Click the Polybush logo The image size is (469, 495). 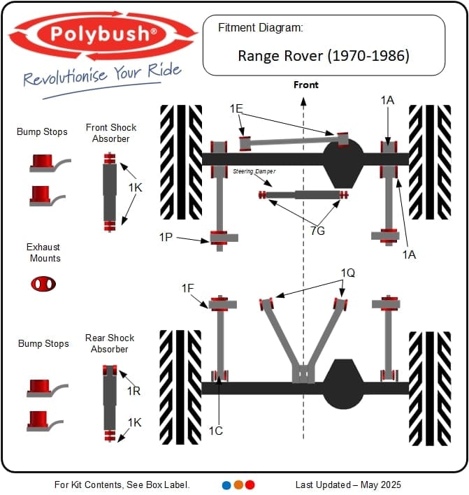(x=103, y=34)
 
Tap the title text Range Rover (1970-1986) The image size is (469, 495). (x=324, y=55)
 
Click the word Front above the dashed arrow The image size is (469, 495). (x=305, y=85)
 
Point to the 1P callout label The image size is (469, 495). (x=166, y=237)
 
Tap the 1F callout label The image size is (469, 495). (x=188, y=288)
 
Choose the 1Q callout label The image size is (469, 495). (x=348, y=273)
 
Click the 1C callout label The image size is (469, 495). (x=215, y=431)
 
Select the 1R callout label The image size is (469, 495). (x=134, y=392)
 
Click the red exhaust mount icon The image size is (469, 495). (x=43, y=284)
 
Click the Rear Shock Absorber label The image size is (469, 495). (x=109, y=343)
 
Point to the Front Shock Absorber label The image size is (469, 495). (x=111, y=133)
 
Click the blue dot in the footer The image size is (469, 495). (x=226, y=485)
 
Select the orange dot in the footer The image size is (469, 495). (x=238, y=485)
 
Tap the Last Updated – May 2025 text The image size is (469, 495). (x=348, y=485)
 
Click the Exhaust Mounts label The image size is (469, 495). (x=43, y=252)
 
